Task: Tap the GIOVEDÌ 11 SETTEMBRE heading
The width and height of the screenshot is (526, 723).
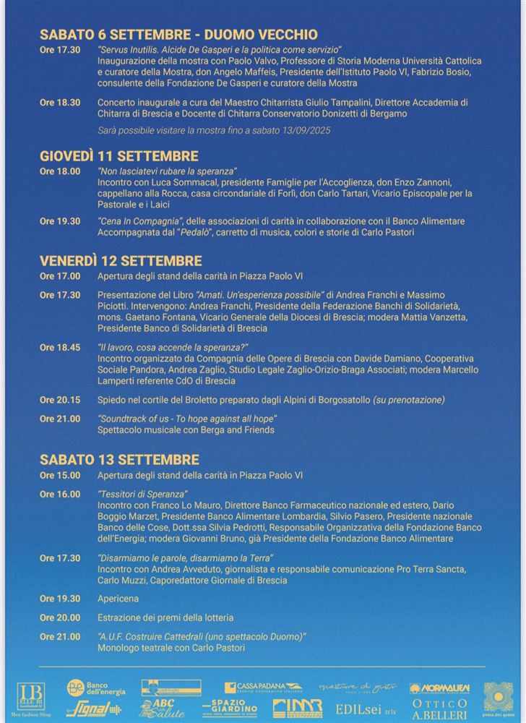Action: coord(118,156)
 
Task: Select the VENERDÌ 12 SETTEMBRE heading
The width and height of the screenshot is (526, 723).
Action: coord(121,261)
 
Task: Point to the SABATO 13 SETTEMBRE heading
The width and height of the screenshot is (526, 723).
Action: coord(119,459)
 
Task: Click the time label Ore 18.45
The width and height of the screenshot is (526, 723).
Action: coord(59,348)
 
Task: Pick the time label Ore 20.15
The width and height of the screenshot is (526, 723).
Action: coord(59,400)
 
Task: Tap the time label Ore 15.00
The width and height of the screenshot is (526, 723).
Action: coord(59,476)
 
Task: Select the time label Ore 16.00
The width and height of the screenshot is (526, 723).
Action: coord(59,495)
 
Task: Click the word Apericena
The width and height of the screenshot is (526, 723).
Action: coord(118,599)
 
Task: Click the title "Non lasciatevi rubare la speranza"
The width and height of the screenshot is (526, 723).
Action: coord(168,171)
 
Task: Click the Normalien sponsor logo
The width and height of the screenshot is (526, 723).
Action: coord(439,688)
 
